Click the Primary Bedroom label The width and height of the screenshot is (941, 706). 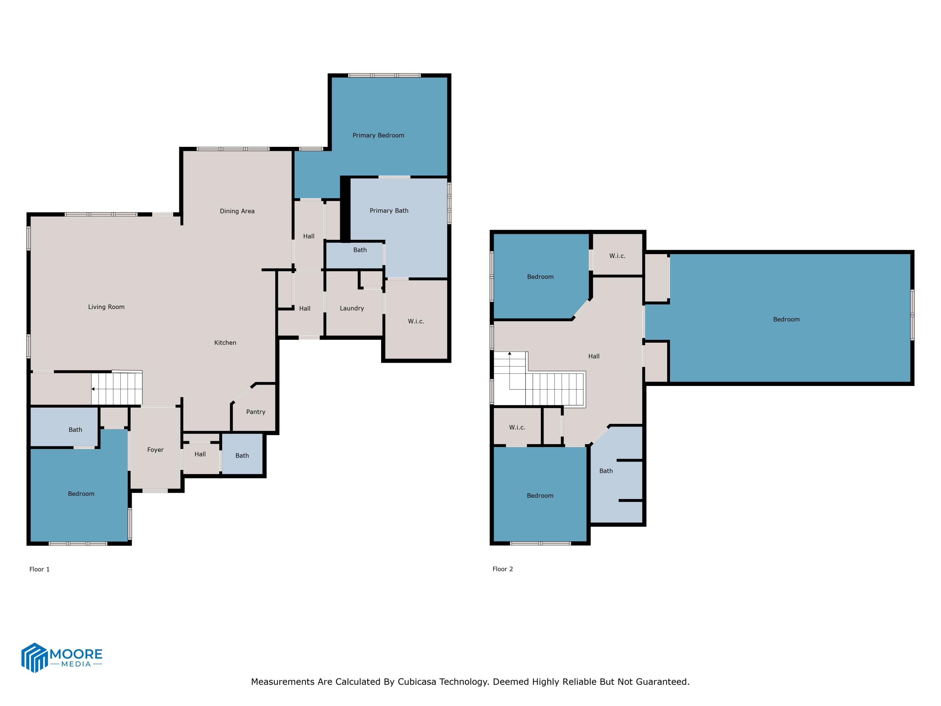tap(378, 135)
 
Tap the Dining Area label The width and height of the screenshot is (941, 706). tap(237, 211)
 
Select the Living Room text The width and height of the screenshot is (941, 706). tap(106, 307)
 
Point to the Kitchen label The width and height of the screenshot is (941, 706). tap(225, 343)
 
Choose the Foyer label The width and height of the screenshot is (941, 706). tap(155, 450)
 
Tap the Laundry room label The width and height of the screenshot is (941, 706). tap(352, 308)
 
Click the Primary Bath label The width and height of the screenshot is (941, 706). tap(389, 211)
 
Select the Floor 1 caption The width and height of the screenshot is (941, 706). tap(40, 570)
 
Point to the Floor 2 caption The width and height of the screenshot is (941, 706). tap(503, 569)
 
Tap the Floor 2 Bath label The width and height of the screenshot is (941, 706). tap(606, 471)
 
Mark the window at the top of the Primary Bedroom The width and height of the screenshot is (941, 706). tap(385, 75)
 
